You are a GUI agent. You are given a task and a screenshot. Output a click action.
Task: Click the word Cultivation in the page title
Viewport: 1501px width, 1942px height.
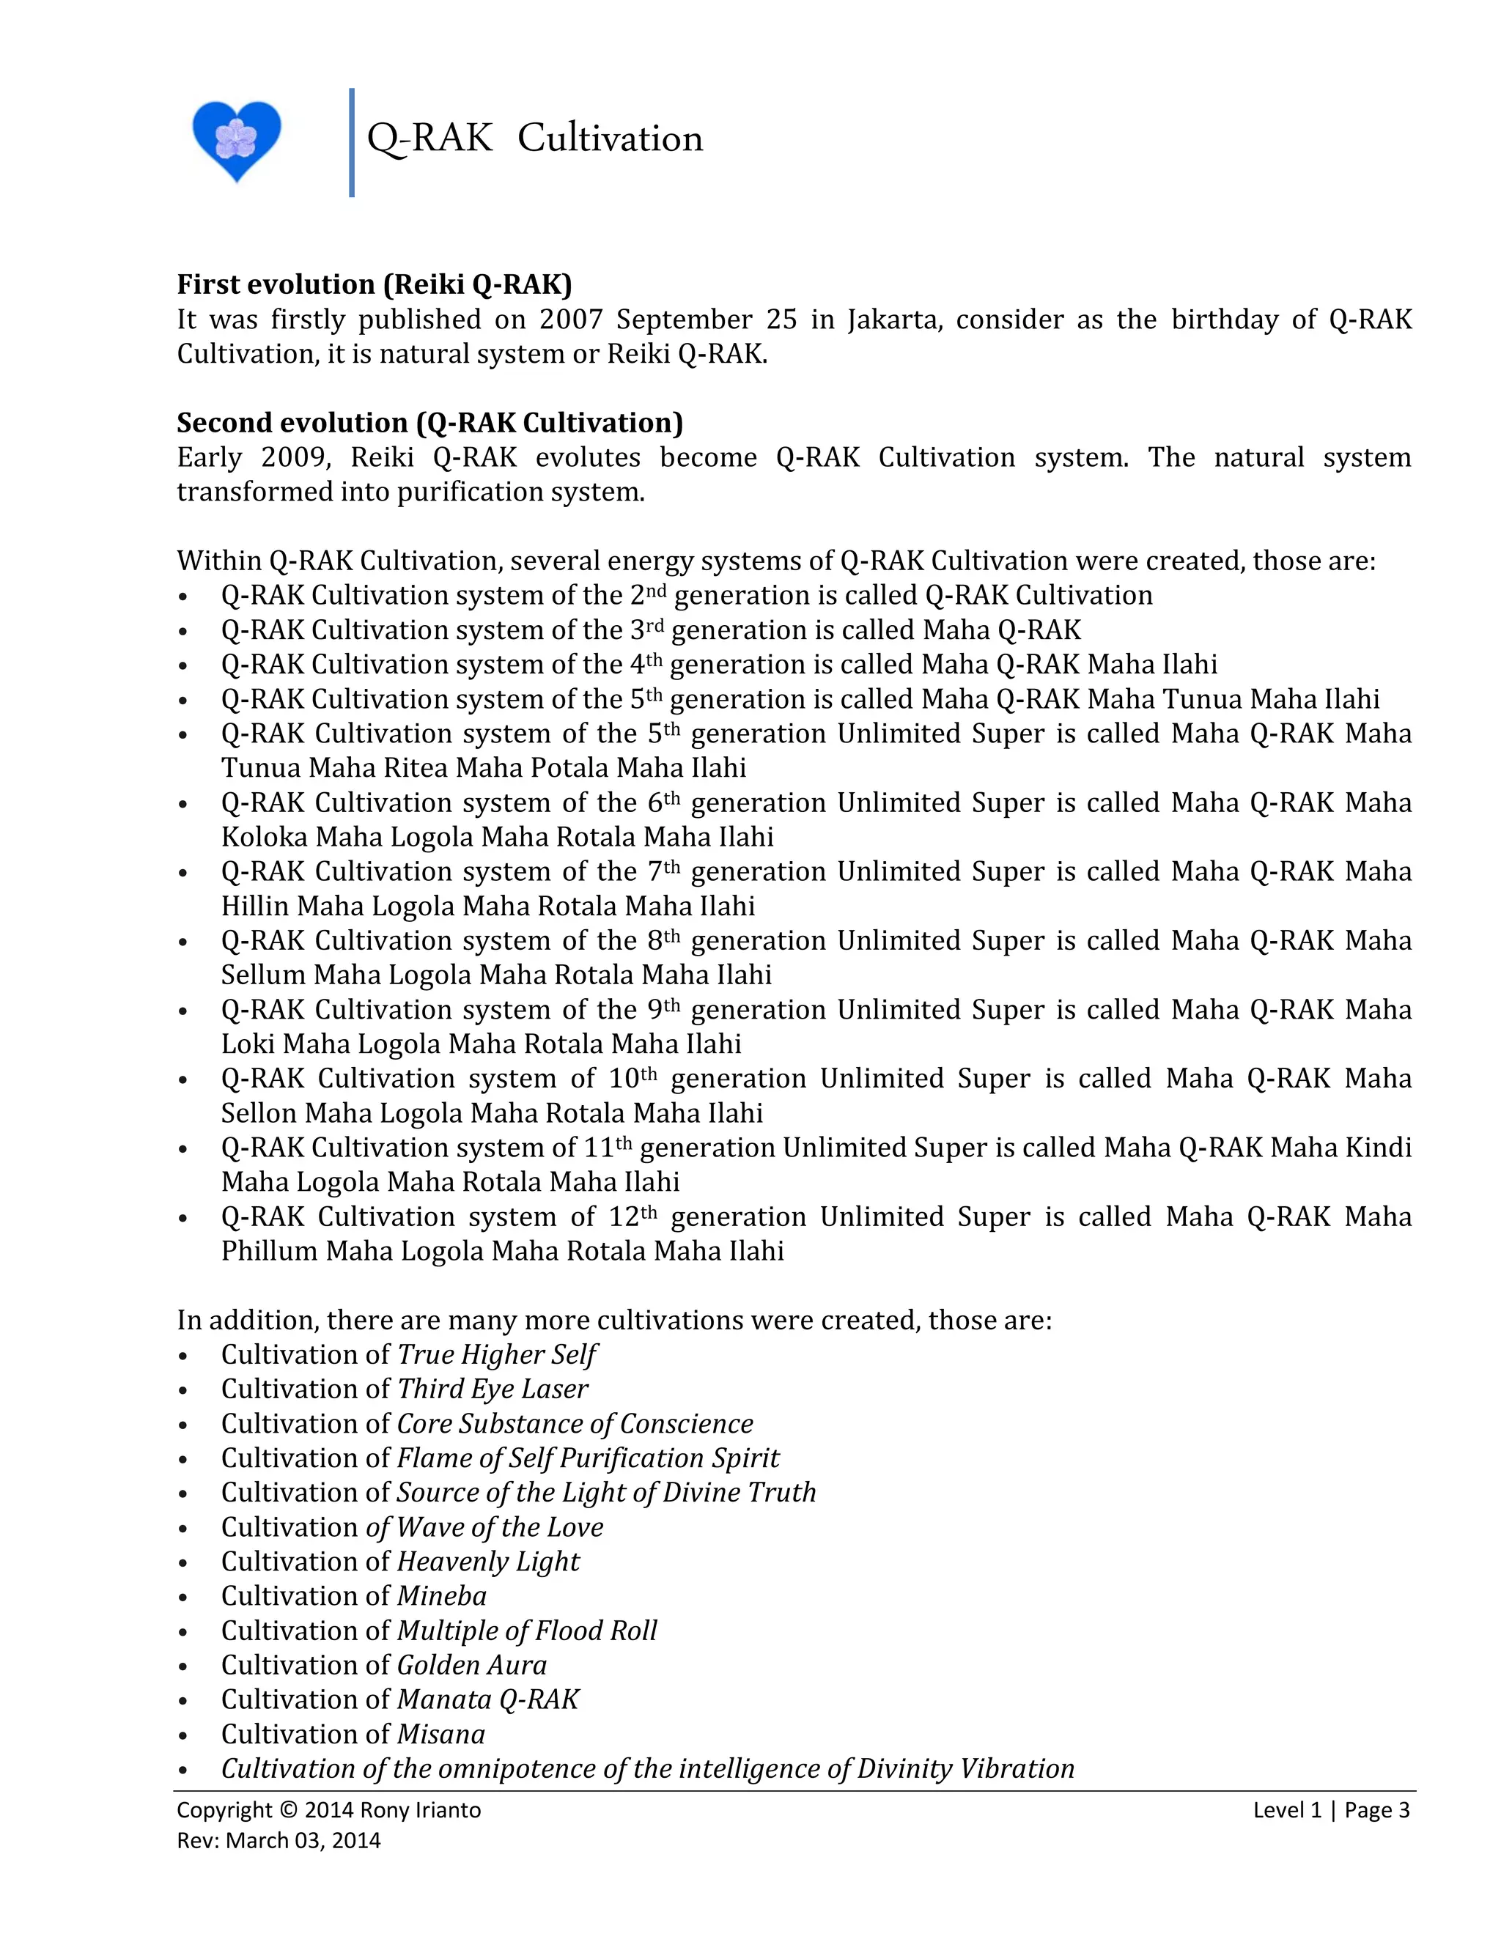[610, 139]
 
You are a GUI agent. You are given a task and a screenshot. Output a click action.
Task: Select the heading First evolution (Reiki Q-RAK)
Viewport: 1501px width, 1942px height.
[374, 284]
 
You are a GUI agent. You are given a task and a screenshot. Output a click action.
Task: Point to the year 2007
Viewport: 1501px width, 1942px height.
[571, 320]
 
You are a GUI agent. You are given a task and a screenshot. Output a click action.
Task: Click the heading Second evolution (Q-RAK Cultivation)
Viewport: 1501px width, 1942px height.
[429, 422]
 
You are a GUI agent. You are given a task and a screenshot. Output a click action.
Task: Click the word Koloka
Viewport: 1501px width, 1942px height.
[264, 837]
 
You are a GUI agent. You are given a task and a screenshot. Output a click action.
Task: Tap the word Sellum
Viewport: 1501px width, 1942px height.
[263, 975]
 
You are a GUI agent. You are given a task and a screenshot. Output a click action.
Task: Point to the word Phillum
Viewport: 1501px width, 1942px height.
[270, 1251]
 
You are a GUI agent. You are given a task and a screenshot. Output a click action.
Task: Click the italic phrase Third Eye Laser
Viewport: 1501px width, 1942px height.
[493, 1389]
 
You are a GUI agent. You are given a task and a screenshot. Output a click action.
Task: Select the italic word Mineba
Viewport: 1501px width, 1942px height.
[442, 1596]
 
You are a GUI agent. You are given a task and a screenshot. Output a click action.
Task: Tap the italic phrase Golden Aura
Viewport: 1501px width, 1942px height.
[471, 1664]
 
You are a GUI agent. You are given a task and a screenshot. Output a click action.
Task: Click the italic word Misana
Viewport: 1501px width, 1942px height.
[441, 1734]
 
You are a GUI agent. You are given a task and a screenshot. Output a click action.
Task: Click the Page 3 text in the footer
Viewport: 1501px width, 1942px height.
[1376, 1810]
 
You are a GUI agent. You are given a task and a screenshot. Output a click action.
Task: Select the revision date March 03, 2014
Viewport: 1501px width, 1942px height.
[303, 1841]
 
